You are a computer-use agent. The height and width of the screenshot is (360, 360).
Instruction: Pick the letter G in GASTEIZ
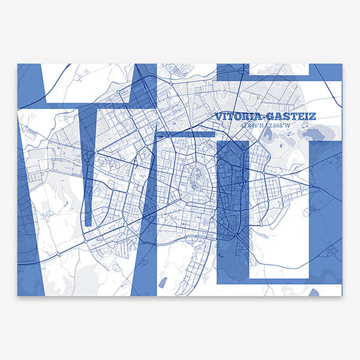point(271,116)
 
